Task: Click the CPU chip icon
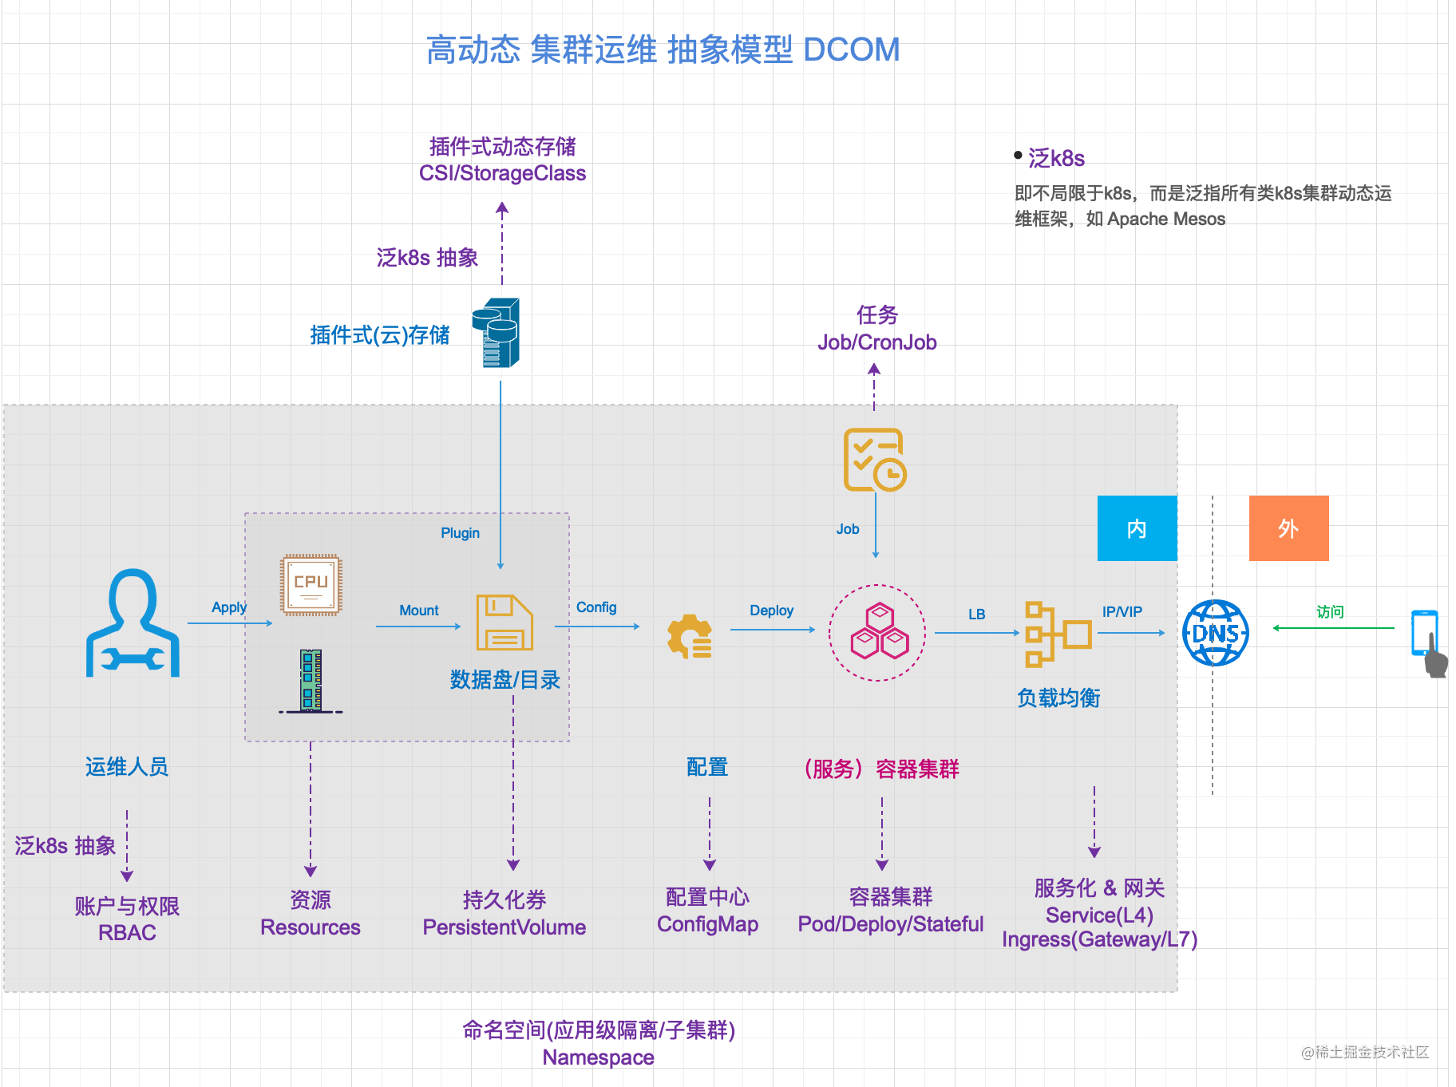tap(311, 585)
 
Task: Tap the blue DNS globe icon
tap(1215, 633)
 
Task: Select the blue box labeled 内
tap(1137, 528)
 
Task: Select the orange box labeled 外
tap(1288, 528)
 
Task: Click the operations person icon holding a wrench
tap(133, 624)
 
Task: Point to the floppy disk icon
tap(504, 623)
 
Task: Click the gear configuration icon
tap(690, 636)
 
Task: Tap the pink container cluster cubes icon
tap(878, 632)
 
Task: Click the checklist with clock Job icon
tap(875, 460)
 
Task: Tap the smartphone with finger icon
tap(1428, 642)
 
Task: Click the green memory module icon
tap(311, 680)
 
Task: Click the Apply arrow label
tap(229, 607)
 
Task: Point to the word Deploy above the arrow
tap(771, 611)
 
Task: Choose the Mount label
tap(419, 611)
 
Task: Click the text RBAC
tap(127, 933)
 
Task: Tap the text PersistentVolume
tap(504, 927)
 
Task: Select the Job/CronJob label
tap(876, 342)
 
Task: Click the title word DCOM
tap(851, 49)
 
